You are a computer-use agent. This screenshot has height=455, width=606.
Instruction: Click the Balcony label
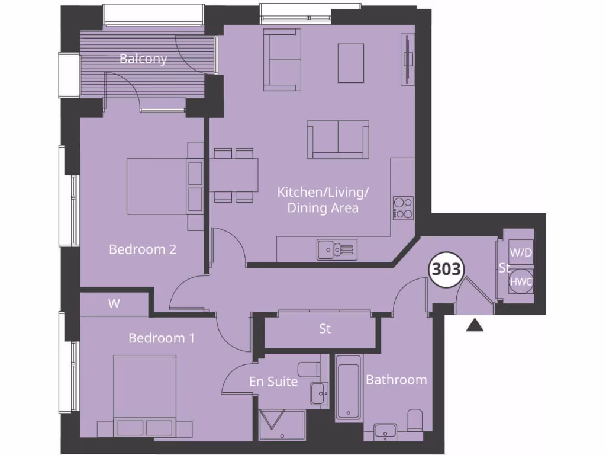coord(143,59)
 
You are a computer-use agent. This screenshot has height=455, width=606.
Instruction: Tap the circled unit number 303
coord(446,270)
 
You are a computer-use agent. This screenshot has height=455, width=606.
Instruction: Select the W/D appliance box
coord(521,252)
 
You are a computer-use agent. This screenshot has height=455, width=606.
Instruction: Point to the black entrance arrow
coord(475,325)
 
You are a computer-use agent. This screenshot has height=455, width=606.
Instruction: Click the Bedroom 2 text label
coord(143,249)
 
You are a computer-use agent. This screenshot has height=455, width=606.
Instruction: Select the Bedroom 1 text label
coord(162,338)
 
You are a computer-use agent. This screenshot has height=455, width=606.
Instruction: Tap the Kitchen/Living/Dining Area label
coord(323,200)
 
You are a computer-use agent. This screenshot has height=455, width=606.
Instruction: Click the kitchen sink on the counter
coord(336,249)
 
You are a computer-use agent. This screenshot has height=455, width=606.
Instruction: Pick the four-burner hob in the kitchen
coord(403,207)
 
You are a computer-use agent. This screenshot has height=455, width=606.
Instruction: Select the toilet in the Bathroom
coord(415,420)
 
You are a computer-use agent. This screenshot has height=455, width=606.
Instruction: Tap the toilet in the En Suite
coord(308,370)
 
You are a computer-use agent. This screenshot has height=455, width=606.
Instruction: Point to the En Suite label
coord(273,382)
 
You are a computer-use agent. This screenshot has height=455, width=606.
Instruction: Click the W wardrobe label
coord(114,304)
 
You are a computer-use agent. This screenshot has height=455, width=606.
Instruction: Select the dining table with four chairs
coord(235,175)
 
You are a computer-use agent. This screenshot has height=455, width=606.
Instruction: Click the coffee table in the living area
coord(350,63)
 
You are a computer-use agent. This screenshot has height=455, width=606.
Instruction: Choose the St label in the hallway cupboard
coord(324,328)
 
